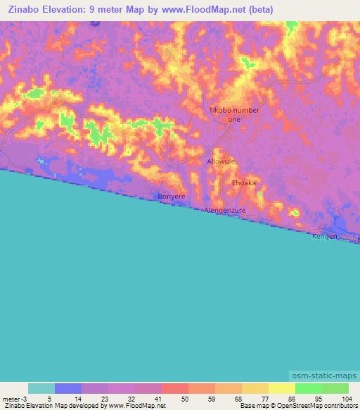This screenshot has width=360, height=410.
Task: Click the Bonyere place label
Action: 171,196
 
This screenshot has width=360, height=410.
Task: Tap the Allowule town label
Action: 221,161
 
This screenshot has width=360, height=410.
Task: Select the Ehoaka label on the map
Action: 244,182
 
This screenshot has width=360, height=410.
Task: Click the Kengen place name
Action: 325,236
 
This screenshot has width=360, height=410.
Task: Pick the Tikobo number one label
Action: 235,115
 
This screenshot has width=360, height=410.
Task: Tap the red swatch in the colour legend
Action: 174,388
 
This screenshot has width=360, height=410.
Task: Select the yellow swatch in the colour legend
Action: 281,388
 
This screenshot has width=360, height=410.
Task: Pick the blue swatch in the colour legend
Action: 68,388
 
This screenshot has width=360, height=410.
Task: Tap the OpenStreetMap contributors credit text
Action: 321,406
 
